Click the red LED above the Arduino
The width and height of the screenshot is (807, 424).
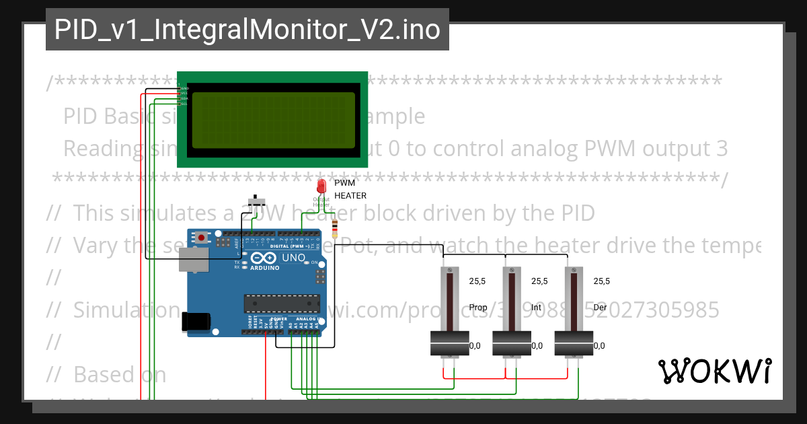(321, 186)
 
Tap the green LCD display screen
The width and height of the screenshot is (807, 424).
(272, 120)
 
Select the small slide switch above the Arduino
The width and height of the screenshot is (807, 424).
(255, 201)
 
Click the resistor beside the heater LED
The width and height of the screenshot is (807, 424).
(335, 229)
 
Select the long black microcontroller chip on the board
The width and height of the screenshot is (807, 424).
(280, 304)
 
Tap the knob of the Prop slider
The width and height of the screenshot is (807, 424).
(449, 345)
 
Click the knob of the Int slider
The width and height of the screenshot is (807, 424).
(511, 345)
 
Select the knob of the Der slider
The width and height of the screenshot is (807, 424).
(573, 345)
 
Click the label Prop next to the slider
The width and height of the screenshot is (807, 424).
(478, 308)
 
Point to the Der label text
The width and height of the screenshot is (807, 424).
(600, 308)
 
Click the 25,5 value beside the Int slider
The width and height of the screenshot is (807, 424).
(539, 281)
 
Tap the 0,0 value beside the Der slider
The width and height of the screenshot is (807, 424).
(599, 346)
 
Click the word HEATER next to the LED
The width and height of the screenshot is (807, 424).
(350, 196)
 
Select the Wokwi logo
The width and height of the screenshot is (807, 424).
(715, 371)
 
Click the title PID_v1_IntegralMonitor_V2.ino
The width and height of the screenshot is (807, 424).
(247, 30)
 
